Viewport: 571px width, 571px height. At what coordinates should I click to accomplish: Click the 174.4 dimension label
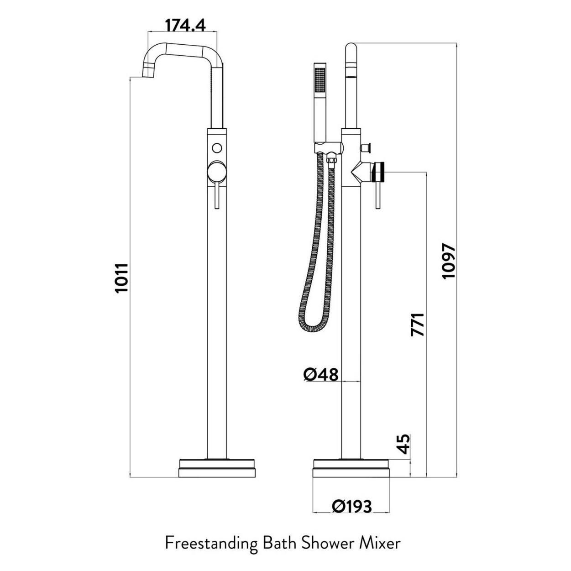[185, 26]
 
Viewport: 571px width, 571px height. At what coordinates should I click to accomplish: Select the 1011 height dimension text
[121, 278]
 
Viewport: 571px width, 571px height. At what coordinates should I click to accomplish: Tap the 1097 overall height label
[448, 261]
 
